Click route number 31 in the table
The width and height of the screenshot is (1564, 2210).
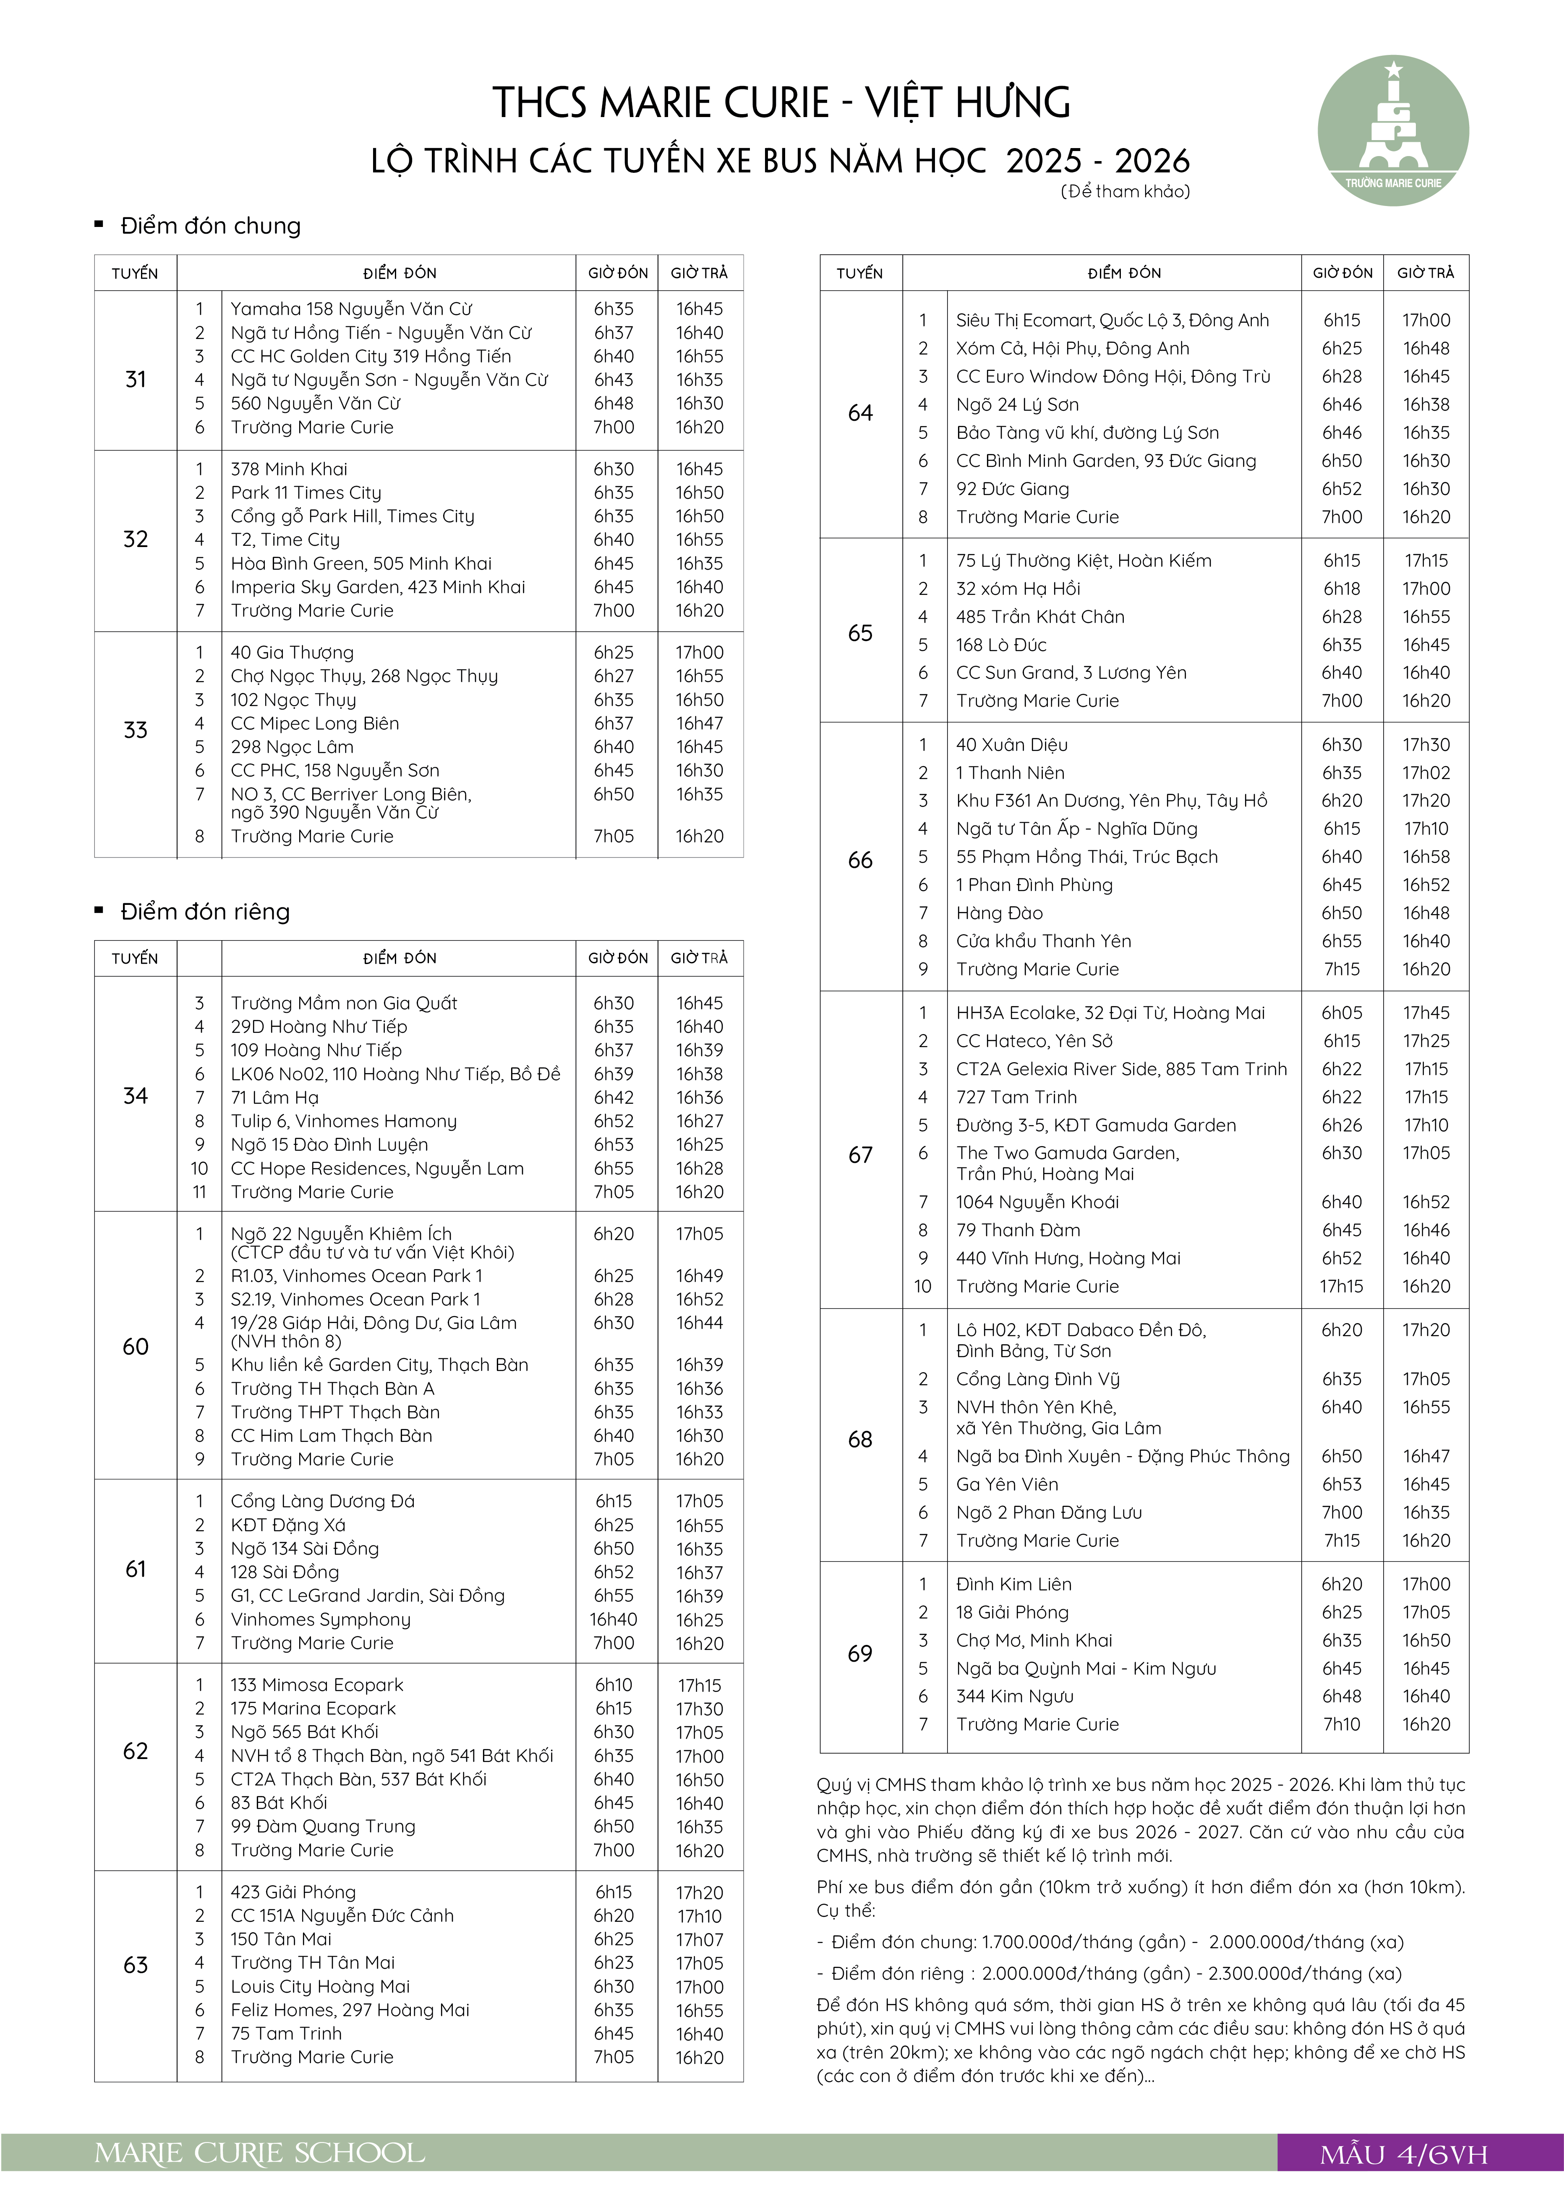click(x=136, y=379)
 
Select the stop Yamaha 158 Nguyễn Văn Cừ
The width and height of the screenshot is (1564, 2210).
click(x=350, y=309)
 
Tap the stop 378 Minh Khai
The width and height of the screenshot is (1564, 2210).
click(x=289, y=469)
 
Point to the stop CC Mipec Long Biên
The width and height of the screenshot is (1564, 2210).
click(x=314, y=723)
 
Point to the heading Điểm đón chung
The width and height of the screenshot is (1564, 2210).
click(x=210, y=226)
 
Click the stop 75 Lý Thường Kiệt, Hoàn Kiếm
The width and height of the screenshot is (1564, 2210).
click(x=1084, y=560)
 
